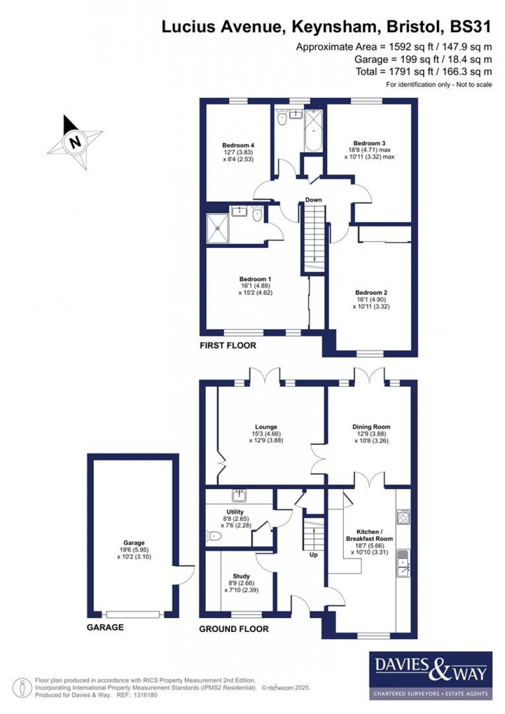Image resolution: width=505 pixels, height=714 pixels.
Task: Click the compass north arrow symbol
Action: point(75,142)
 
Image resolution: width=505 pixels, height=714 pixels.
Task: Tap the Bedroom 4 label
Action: point(238,152)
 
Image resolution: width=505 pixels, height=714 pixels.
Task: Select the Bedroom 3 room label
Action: point(369,150)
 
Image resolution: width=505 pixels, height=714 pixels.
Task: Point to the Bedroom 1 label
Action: point(255,286)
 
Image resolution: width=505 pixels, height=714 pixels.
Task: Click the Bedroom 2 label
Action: point(371,299)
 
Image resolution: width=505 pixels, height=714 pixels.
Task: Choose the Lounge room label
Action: point(266,434)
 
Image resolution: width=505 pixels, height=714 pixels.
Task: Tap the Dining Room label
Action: point(371,434)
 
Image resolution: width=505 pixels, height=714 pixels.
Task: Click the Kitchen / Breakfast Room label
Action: point(369,541)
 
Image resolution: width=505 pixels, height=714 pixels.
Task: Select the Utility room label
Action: point(235,518)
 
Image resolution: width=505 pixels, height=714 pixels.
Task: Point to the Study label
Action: point(241,583)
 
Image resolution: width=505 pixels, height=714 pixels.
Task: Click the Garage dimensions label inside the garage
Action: point(134,550)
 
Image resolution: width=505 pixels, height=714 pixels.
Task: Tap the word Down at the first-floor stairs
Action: point(313,200)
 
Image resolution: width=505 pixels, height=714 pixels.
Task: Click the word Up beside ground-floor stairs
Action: point(313,555)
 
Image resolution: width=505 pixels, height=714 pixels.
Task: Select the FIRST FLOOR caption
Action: point(228,345)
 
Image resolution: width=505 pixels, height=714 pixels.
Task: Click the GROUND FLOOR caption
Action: point(233,629)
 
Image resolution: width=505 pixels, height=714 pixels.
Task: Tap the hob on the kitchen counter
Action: point(403,517)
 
